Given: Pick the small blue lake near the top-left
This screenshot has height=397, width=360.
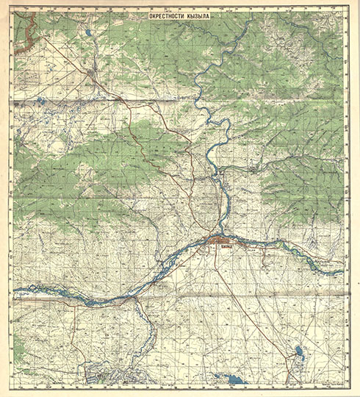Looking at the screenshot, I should click(87, 34).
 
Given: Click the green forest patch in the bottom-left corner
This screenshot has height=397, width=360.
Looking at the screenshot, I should click(18, 360).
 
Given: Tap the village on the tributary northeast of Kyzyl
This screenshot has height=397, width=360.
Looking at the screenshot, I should click(253, 169).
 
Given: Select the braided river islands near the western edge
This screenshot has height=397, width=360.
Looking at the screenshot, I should click(44, 290).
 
